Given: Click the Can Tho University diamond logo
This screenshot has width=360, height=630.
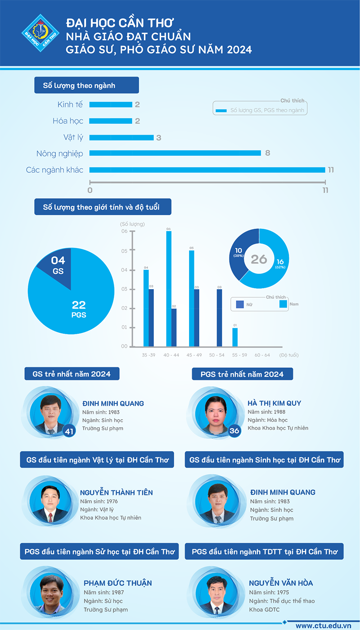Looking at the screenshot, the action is coord(40,33).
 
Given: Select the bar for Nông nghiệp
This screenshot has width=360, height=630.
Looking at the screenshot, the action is coord(175,153).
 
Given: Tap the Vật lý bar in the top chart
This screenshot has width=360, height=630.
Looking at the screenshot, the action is coord(121,137).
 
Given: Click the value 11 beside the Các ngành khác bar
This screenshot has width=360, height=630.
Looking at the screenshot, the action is coord(331,170).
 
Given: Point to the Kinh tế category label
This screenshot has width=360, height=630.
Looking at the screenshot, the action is coord(70,104).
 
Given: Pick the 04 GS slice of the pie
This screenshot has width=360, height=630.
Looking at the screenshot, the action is coord(56,267).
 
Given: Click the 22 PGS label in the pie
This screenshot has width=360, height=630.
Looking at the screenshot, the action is coord(79,309).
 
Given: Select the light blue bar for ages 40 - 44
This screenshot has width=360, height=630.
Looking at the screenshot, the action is coord(169,289).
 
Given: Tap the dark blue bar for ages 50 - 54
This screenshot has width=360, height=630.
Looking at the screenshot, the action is coord(219,318).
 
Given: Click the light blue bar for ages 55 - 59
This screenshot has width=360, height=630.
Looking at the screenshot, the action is coord(235,337).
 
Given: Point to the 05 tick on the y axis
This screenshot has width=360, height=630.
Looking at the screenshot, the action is coord(124,251).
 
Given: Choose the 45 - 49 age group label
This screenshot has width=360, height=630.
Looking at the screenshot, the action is coord(194,355).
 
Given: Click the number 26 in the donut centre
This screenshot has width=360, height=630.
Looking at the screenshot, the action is coord(259,259).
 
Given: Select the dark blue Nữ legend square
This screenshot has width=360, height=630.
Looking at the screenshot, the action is coord(240,304).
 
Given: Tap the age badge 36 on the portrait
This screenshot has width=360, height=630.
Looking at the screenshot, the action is coord(234,431).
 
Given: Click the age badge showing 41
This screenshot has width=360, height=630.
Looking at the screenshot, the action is coord(69,431).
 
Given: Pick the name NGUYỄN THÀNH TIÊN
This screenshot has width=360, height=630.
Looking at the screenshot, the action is coord(117,493).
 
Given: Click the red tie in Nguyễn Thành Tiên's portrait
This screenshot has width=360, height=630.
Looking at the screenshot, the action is coord(50,517).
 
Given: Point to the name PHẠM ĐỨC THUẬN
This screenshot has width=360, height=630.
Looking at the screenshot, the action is coord(118,583).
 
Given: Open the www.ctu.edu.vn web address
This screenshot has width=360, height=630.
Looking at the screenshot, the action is coord(323,625).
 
